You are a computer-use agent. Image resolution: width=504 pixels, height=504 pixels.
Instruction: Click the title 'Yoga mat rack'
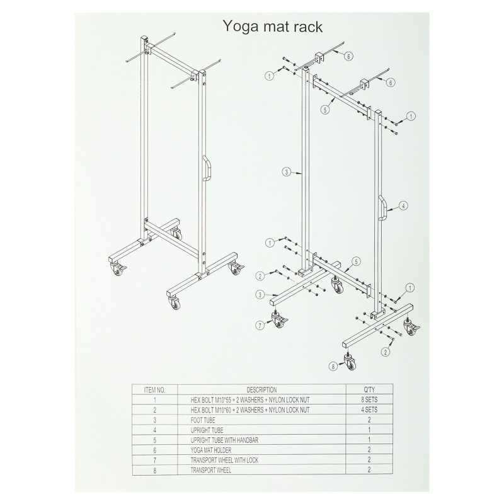click(x=273, y=26)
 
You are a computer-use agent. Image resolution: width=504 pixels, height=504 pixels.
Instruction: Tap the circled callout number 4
click(x=403, y=206)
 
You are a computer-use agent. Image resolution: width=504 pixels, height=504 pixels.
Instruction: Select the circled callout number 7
click(x=260, y=325)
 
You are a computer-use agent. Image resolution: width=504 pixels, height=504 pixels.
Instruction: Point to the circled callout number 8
click(x=333, y=366)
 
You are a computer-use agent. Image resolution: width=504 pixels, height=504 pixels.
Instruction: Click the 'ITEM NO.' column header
click(x=154, y=390)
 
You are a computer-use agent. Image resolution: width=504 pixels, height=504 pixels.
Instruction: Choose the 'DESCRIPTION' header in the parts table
click(x=261, y=390)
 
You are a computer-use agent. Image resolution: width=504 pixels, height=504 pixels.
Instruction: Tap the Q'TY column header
click(x=369, y=390)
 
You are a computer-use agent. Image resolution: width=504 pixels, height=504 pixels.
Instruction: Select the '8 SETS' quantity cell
click(x=369, y=400)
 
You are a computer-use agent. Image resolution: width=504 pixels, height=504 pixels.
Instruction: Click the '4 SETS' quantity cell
click(x=369, y=410)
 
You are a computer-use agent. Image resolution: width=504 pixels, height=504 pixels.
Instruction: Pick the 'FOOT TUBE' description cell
click(x=203, y=420)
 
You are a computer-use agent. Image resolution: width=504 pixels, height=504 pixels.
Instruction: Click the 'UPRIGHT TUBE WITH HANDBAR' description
click(x=224, y=440)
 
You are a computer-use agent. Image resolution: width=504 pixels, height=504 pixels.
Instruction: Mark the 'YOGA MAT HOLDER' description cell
click(x=211, y=450)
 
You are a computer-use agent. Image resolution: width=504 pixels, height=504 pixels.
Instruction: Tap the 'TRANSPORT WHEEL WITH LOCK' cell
click(x=224, y=460)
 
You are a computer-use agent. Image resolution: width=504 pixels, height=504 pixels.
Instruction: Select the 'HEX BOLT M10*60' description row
click(x=250, y=410)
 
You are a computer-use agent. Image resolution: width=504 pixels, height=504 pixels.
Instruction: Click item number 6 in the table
click(x=154, y=450)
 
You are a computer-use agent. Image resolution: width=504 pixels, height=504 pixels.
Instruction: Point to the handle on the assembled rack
click(x=207, y=168)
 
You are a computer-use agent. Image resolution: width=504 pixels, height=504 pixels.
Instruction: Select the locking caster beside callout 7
click(x=279, y=319)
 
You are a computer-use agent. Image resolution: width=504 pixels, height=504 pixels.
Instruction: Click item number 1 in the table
click(x=154, y=400)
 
